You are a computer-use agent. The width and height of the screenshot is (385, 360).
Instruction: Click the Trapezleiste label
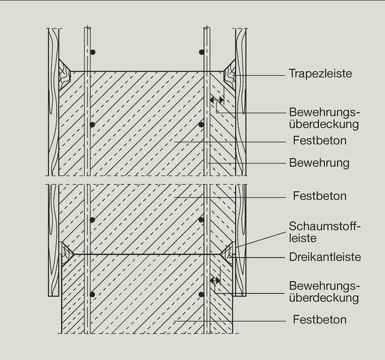click(320, 74)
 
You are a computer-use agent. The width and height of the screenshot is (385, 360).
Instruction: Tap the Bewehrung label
click(319, 163)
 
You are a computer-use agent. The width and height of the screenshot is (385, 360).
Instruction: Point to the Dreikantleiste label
click(324, 257)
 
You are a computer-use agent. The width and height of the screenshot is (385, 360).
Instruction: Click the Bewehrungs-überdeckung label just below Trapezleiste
click(324, 119)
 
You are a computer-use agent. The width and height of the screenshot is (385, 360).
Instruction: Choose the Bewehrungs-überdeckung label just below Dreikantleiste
click(324, 292)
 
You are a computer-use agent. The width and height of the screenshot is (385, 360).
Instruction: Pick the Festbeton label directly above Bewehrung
click(320, 141)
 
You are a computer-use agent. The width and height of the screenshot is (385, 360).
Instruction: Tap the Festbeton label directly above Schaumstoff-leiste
click(320, 196)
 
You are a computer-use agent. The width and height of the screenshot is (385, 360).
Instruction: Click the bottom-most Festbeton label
click(320, 320)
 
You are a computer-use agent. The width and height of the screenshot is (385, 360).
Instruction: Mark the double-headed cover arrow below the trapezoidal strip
click(217, 100)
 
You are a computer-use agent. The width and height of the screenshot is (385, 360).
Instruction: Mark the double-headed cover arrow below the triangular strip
click(215, 280)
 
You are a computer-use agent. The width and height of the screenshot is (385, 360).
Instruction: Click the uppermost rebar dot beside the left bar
click(92, 52)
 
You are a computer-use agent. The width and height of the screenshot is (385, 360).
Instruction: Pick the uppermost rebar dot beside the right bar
click(202, 52)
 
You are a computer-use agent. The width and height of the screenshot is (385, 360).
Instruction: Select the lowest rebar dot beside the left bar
click(92, 294)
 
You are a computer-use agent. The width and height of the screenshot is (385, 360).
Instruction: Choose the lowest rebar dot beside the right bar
click(202, 294)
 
